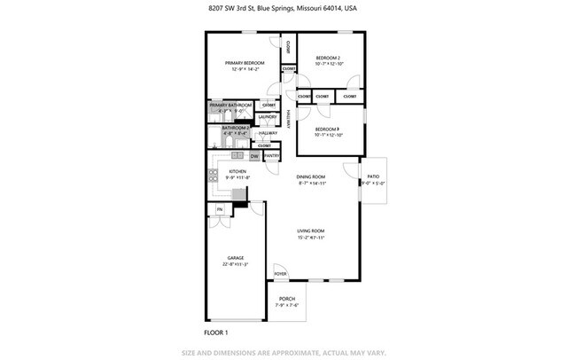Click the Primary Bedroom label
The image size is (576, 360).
click(x=244, y=63)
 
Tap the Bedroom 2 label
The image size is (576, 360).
click(x=328, y=59)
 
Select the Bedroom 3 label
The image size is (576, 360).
click(x=328, y=129)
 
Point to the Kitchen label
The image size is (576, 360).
click(x=237, y=171)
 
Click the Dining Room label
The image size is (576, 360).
click(x=311, y=176)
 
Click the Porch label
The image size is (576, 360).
click(x=287, y=299)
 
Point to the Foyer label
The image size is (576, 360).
click(x=280, y=275)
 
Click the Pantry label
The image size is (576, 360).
click(x=272, y=156)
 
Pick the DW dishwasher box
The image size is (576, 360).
click(x=254, y=156)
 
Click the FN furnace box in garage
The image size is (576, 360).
click(x=219, y=210)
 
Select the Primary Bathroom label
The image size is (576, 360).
click(x=230, y=106)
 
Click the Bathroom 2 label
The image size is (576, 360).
click(x=229, y=129)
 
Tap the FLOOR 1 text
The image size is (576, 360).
click(x=217, y=332)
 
